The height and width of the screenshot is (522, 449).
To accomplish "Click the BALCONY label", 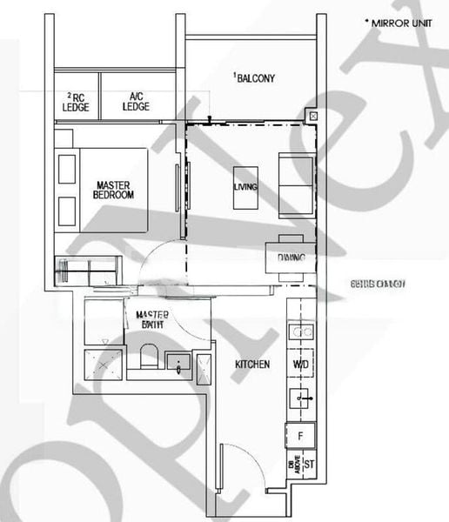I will point(254,78).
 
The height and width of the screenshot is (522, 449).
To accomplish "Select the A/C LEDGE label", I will point(137,101).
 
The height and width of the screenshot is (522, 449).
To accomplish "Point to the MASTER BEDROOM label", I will point(114,190).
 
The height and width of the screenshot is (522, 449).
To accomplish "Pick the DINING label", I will point(290,258).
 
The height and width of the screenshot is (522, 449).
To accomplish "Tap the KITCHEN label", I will point(251,364).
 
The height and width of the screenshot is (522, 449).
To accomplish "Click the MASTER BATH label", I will point(153,319).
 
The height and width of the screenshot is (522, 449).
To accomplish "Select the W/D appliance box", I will point(301,365).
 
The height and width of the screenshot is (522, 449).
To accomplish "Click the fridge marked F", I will point(300,433).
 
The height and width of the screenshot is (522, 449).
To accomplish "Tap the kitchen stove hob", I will point(300,331).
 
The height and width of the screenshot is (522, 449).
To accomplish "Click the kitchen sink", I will point(300,398).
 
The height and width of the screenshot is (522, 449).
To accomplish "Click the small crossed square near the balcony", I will point(313,115).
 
